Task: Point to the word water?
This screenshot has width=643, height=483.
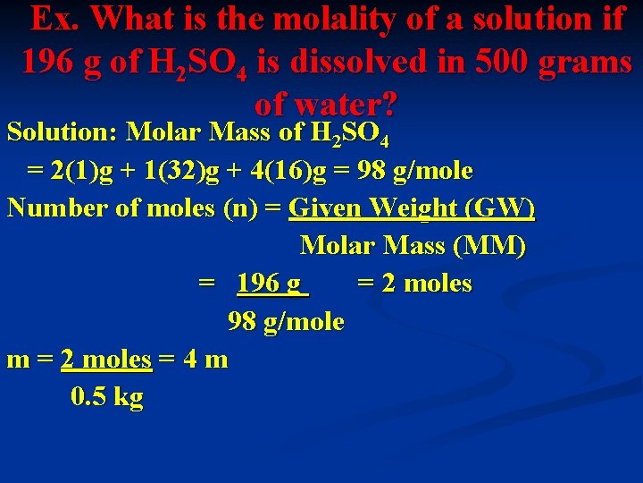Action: pyautogui.click(x=325, y=105)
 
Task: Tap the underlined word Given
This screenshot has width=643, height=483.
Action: pyautogui.click(x=323, y=208)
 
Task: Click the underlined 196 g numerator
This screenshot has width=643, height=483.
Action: pyautogui.click(x=271, y=284)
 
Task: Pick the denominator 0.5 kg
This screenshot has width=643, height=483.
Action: pyautogui.click(x=106, y=396)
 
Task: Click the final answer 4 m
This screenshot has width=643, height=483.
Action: pyautogui.click(x=205, y=359)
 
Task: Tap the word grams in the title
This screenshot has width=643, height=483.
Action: pyautogui.click(x=588, y=63)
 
